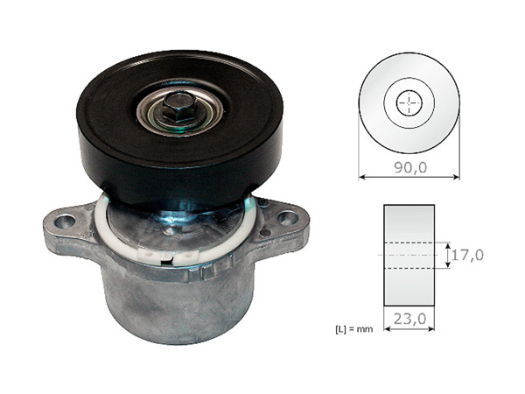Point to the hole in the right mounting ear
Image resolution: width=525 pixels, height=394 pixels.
tap(287, 215)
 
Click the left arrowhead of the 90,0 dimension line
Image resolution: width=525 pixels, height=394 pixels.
tap(362, 176)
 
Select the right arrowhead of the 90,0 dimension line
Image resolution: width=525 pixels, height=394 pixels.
tap(456, 176)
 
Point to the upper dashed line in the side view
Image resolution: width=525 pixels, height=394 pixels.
tap(409, 243)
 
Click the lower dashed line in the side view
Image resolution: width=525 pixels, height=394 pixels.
tap(409, 268)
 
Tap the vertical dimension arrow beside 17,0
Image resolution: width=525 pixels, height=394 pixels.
tap(446, 255)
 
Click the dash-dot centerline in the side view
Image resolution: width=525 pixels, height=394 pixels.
tap(409, 255)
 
